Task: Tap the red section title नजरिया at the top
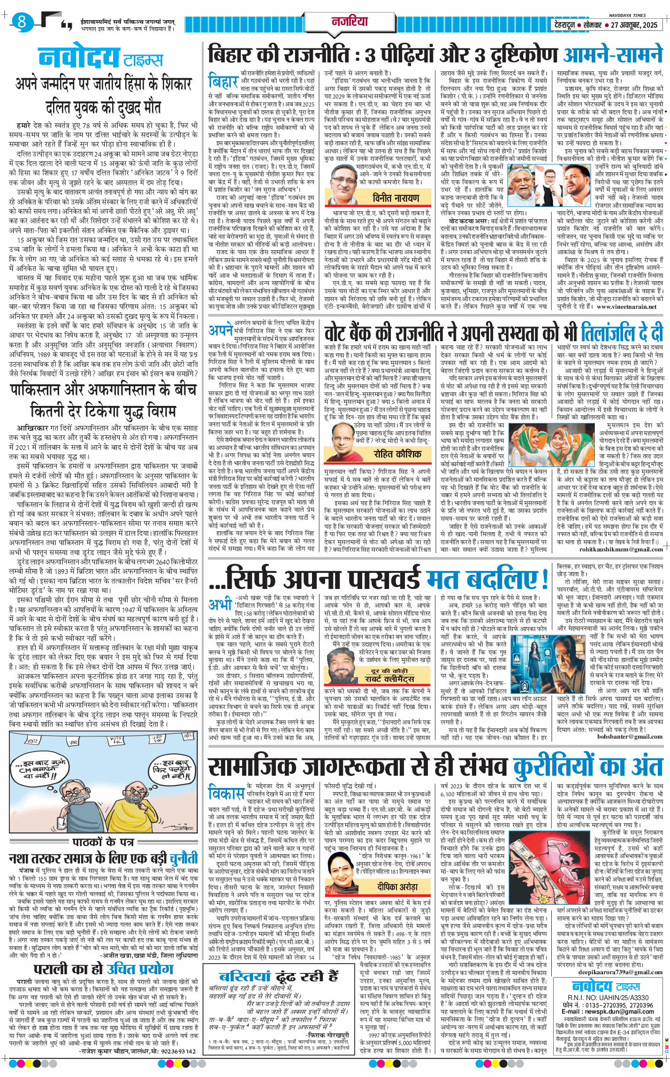click(x=350, y=21)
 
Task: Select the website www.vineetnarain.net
click(x=626, y=307)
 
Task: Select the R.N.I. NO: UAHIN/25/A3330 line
click(x=608, y=997)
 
